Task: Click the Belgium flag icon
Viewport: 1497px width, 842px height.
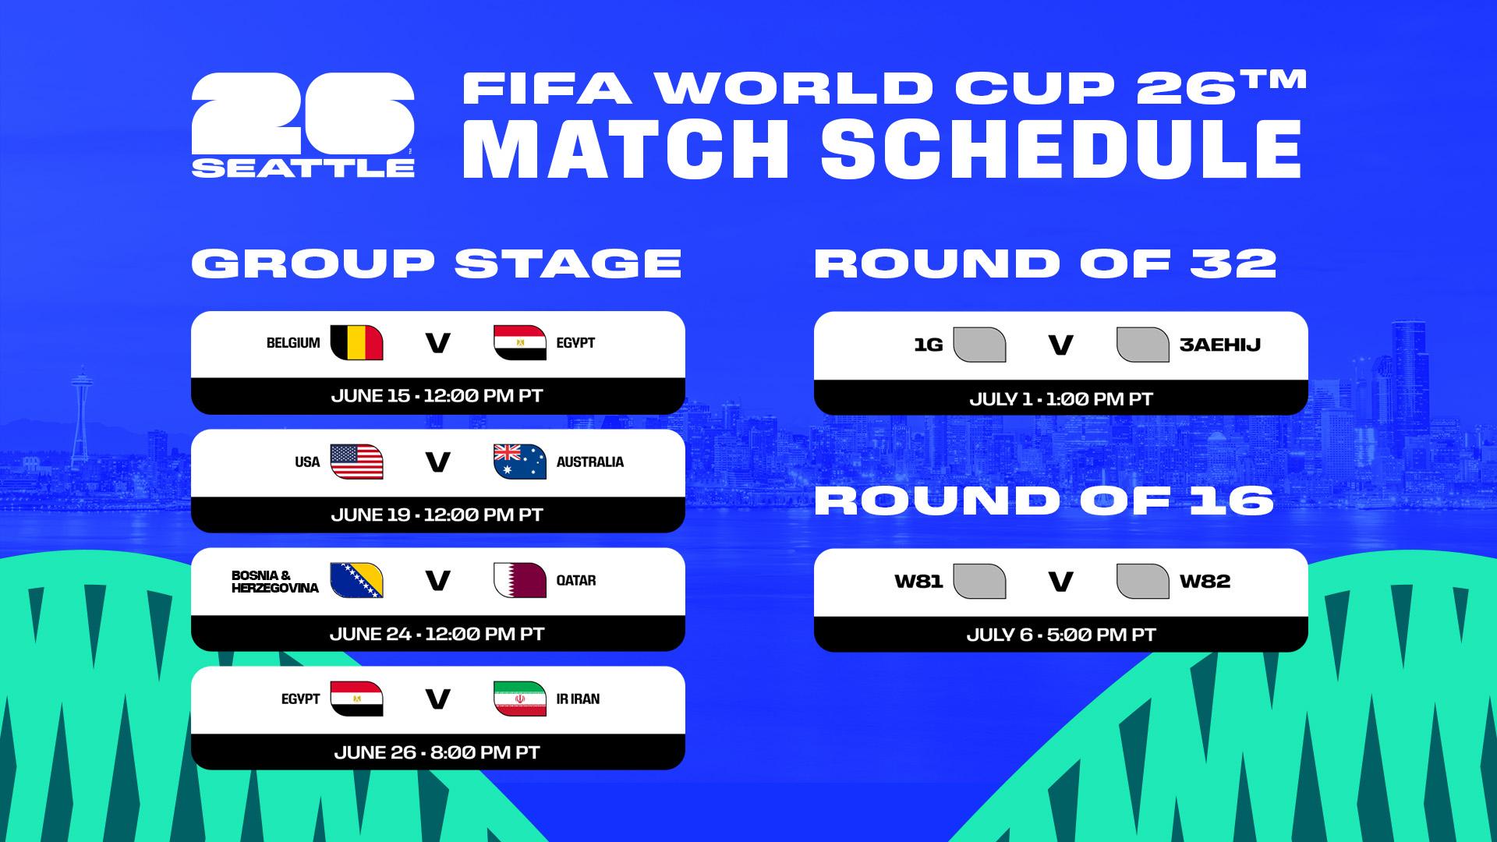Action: pos(356,343)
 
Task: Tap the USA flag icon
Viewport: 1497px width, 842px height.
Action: pos(356,462)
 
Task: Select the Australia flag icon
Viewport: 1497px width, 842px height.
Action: pos(520,462)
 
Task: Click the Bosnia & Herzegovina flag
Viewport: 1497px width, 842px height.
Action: pos(356,580)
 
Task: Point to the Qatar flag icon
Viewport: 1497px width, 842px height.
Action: pos(520,580)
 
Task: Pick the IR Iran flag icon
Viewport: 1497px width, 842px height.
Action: pos(520,699)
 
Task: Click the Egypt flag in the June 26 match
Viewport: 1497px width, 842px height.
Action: pos(356,699)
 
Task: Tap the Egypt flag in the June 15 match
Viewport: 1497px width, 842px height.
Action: pos(520,343)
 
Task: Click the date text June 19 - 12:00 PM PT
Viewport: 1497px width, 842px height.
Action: pos(437,515)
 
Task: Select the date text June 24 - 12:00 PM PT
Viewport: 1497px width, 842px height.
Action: pos(437,634)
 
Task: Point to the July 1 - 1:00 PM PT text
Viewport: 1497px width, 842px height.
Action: pos(1061,399)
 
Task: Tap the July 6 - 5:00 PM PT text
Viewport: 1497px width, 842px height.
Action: pos(1061,635)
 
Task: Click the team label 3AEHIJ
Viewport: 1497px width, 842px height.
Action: pos(1220,345)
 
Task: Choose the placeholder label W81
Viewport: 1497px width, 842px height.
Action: pos(918,582)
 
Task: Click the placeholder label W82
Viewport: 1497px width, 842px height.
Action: pos(1205,582)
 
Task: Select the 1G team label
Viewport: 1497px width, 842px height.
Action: pos(929,345)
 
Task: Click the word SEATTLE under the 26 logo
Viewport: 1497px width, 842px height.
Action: pos(303,168)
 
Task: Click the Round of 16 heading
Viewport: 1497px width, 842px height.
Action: pos(1044,501)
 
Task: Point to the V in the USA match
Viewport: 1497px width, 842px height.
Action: pos(437,462)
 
